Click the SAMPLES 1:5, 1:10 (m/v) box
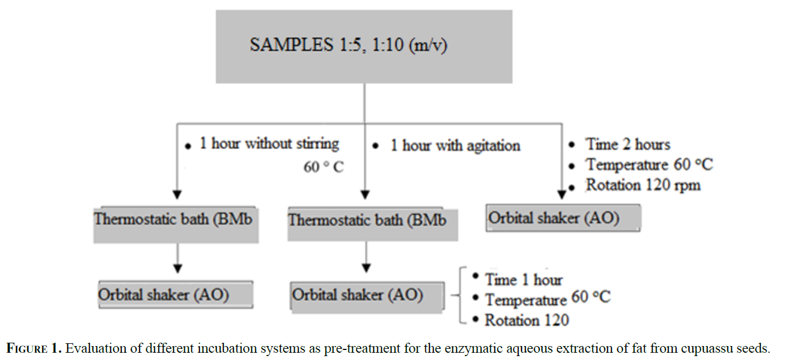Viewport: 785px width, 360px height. tap(364, 46)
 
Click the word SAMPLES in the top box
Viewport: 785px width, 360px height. tap(291, 45)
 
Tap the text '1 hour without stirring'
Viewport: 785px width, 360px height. tap(269, 143)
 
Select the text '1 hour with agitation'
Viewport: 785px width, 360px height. tap(456, 145)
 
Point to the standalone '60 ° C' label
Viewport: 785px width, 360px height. tap(324, 167)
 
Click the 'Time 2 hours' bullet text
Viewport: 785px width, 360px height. tap(628, 144)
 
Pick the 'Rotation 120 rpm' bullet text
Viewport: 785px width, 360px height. tap(643, 185)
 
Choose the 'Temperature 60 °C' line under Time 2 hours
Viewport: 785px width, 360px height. tap(649, 164)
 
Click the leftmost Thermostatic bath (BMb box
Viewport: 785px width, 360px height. tap(176, 224)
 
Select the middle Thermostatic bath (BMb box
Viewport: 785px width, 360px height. tap(373, 224)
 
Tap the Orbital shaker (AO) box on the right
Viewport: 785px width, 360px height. tap(563, 218)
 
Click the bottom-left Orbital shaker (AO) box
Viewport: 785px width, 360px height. tap(175, 295)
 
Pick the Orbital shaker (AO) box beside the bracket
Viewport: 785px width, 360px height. tap(367, 296)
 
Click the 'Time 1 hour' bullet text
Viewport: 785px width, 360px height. tap(524, 280)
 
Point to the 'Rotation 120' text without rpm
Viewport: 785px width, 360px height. tap(526, 320)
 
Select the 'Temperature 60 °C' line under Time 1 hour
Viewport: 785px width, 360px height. tap(548, 299)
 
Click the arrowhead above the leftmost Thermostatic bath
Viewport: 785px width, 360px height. tap(178, 195)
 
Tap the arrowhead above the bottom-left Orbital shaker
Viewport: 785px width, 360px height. tap(178, 268)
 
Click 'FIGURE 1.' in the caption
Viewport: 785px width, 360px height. tap(34, 348)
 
